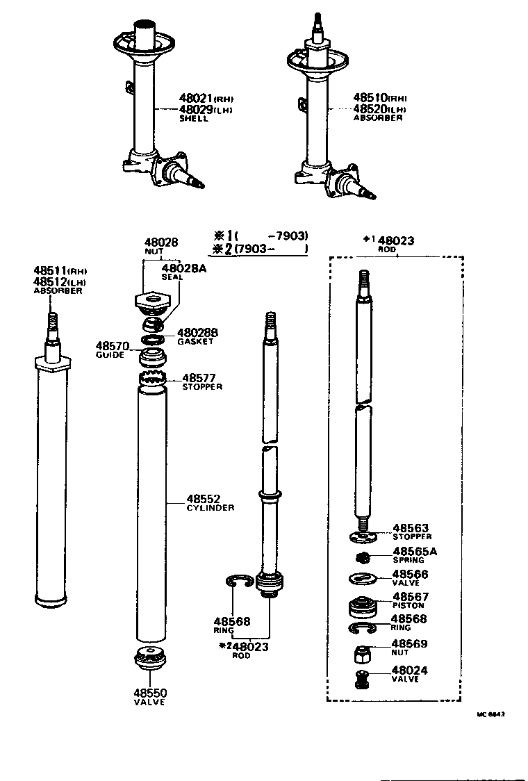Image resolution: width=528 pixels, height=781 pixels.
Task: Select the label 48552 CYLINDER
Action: [203, 499]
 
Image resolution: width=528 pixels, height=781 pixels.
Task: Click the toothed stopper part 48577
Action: [152, 379]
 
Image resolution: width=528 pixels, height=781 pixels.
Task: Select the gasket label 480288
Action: [197, 333]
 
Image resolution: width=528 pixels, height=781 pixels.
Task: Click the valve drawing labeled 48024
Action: [361, 680]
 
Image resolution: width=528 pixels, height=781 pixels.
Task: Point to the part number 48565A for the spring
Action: [415, 552]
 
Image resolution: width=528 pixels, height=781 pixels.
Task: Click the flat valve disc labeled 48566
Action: [361, 578]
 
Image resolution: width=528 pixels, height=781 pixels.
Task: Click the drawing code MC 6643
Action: [490, 714]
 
